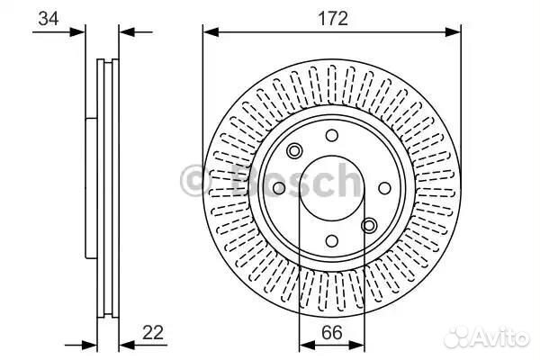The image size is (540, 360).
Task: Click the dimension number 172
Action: click(x=332, y=19)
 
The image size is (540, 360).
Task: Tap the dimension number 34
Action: click(x=49, y=18)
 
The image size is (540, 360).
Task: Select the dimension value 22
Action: click(x=153, y=333)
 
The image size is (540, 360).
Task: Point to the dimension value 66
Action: click(x=332, y=333)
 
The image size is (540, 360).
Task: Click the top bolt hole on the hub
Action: click(x=331, y=135)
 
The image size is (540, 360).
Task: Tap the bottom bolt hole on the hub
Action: click(x=331, y=241)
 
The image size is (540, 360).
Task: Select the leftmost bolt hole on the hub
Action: click(x=279, y=188)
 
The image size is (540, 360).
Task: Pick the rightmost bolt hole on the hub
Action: click(x=384, y=188)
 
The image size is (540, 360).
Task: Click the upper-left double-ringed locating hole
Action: click(x=294, y=150)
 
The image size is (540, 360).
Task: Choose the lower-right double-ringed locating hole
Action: click(x=369, y=226)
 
